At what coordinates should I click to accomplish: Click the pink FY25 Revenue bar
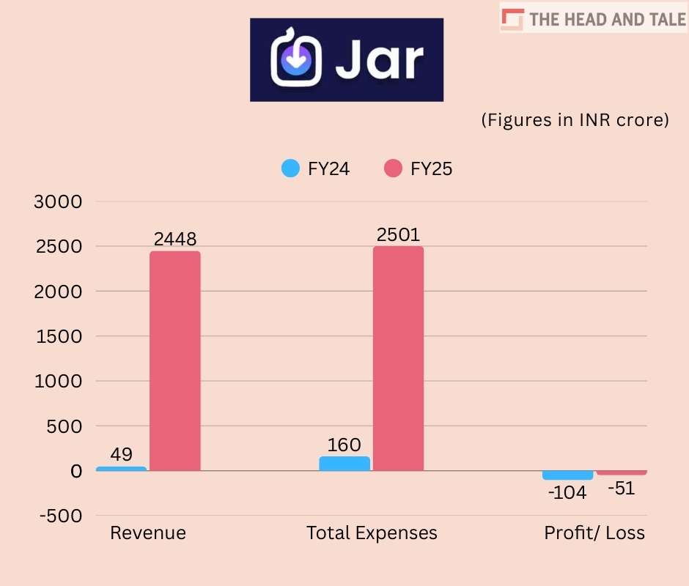(175, 360)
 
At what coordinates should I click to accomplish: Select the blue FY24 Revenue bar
(122, 468)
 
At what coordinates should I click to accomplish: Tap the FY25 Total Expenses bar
(398, 358)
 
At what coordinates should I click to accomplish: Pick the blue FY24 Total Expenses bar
(344, 463)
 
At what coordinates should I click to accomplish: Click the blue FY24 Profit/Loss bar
(568, 475)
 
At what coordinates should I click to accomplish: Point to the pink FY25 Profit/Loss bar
(622, 472)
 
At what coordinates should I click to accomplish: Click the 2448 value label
(175, 240)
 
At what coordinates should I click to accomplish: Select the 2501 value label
(398, 235)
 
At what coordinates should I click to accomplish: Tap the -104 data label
(567, 493)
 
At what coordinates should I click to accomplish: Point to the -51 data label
(621, 489)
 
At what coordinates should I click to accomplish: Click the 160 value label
(344, 445)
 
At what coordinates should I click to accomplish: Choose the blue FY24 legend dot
(291, 168)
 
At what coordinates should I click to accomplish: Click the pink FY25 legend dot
(394, 168)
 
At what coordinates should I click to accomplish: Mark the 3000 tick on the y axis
(58, 201)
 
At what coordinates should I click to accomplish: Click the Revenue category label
(148, 533)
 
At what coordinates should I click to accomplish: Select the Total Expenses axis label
(372, 533)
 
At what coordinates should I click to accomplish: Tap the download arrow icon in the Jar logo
(296, 60)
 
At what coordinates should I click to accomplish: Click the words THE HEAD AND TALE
(608, 20)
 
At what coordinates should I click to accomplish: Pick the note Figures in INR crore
(575, 120)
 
